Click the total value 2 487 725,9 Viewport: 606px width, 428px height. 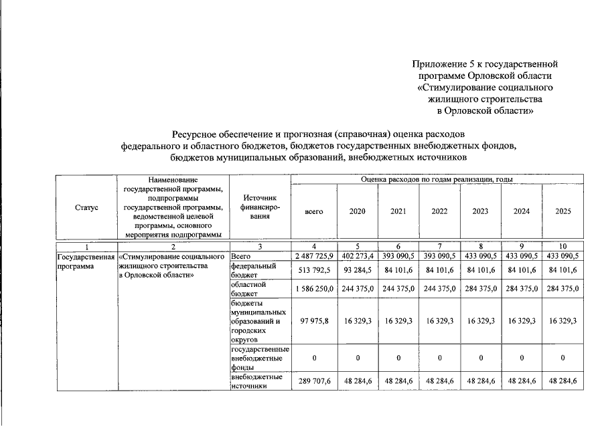tap(314, 255)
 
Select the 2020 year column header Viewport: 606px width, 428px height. tap(358, 211)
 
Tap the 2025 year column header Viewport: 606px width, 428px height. tap(563, 211)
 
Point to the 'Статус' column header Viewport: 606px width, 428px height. tap(87, 208)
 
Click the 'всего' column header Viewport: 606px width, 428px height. tap(314, 211)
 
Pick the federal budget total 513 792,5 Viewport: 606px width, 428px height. tap(314, 270)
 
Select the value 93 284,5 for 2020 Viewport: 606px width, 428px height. tap(358, 270)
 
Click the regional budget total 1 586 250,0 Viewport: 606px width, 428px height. tap(314, 289)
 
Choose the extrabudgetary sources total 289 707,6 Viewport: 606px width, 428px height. tap(314, 382)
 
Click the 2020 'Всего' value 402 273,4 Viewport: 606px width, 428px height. tap(358, 255)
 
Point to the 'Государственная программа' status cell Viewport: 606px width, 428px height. tap(87, 261)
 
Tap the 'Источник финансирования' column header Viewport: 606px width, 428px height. tap(260, 208)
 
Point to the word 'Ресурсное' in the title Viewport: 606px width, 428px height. tap(195, 134)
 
